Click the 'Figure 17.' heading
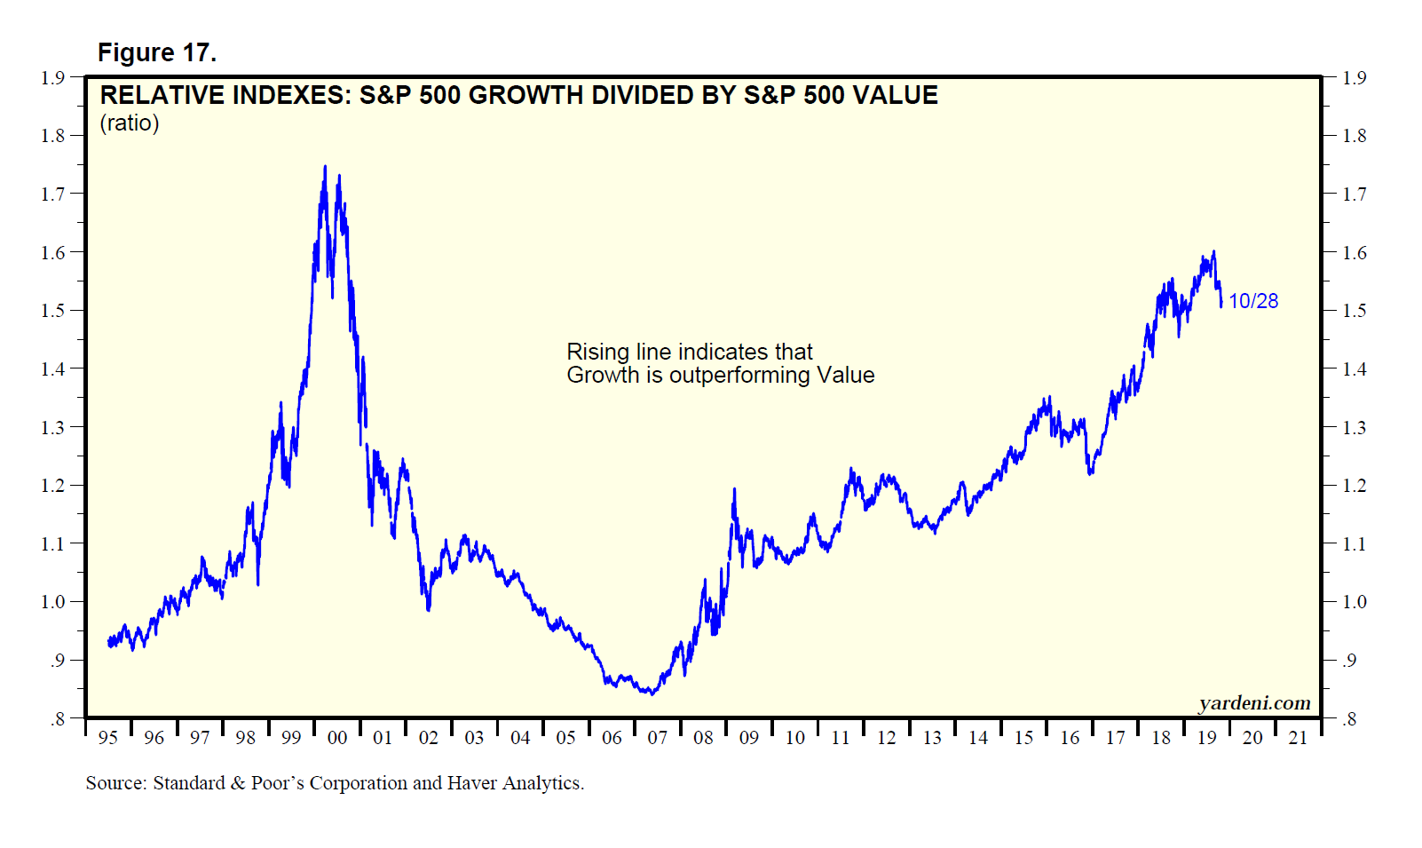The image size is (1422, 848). [156, 53]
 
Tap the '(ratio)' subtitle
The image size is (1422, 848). [130, 123]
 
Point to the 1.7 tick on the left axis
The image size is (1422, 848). [52, 194]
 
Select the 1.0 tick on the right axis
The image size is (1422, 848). [1355, 602]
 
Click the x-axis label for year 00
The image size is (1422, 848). [337, 738]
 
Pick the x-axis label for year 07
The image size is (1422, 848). [658, 738]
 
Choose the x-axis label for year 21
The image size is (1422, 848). [1298, 738]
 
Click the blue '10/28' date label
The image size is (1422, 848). [1253, 301]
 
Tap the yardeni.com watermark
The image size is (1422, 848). [1254, 703]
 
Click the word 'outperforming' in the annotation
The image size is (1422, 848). [739, 376]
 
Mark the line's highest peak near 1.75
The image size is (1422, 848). [325, 166]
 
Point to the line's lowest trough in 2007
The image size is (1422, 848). [652, 693]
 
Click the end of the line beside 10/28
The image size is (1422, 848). [1221, 305]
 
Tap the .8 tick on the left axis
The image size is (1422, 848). [58, 719]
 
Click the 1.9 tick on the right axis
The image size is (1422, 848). [1355, 78]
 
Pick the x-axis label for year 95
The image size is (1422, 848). [108, 738]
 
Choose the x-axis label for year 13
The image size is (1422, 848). [932, 738]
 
